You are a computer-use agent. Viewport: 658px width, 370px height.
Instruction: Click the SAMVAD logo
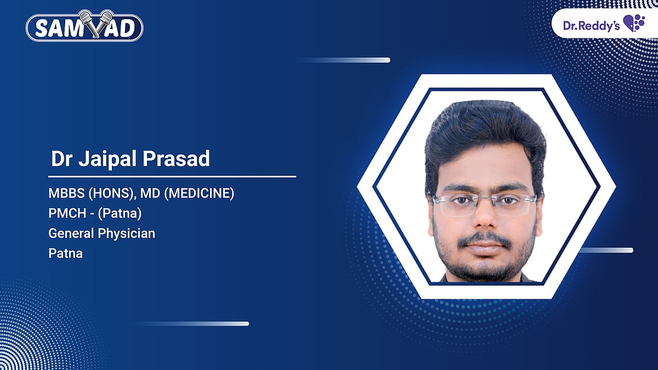coord(84,27)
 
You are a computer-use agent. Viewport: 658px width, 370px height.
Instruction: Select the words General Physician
coord(101,234)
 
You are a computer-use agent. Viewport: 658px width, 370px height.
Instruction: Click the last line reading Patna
coord(65,253)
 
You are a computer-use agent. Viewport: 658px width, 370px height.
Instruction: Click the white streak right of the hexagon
coord(606,251)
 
